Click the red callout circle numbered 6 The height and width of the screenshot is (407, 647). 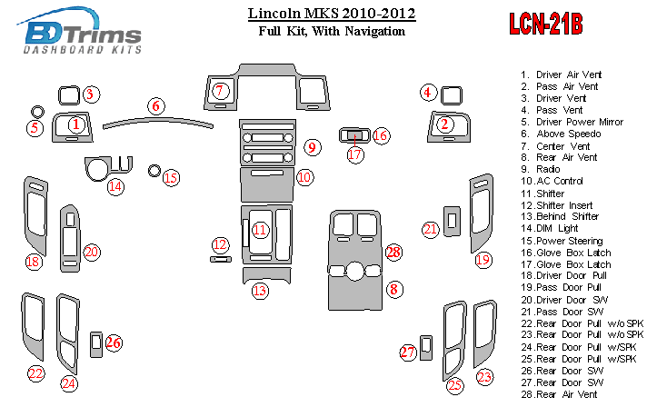(156, 105)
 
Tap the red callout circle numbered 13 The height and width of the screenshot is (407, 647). (261, 291)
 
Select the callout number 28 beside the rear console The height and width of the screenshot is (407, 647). (393, 252)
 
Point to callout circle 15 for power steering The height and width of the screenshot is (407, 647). (171, 177)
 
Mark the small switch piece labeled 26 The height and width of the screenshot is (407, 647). (97, 343)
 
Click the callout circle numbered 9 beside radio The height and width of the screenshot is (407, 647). (311, 146)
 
